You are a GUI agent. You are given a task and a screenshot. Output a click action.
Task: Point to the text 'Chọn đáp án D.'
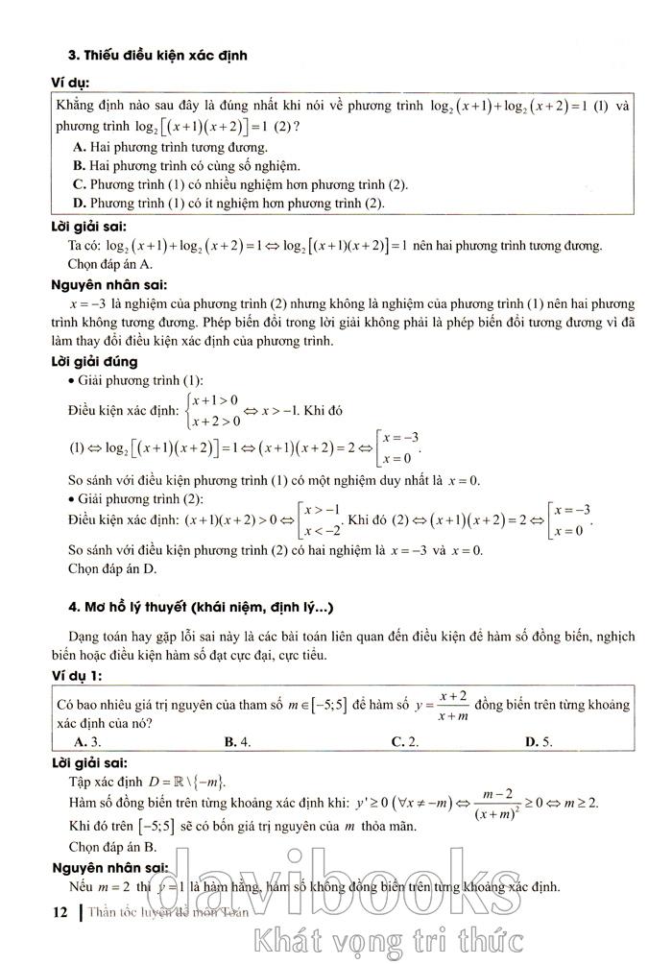click(x=115, y=568)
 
